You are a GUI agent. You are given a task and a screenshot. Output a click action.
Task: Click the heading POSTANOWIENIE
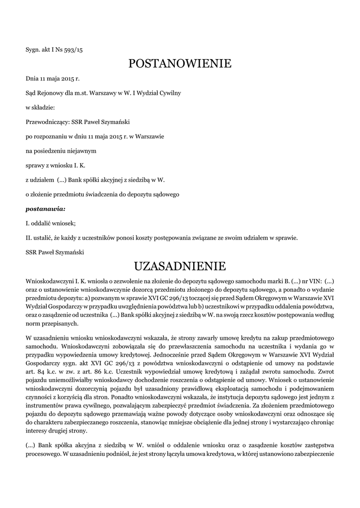click(180, 63)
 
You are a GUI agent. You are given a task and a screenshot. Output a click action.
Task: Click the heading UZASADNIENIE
click(180, 266)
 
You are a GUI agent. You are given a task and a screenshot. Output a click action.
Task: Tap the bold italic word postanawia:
click(45, 209)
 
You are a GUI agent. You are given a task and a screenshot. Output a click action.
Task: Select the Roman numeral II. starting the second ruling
click(29, 238)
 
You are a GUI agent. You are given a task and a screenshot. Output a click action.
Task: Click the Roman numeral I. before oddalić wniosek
click(28, 223)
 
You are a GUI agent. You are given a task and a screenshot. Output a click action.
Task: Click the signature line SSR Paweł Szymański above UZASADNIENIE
click(55, 252)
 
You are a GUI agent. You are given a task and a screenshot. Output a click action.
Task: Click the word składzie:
click(43, 107)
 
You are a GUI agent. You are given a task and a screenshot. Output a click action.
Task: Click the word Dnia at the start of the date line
click(32, 78)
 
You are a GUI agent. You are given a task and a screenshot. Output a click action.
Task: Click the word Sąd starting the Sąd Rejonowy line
click(31, 93)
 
